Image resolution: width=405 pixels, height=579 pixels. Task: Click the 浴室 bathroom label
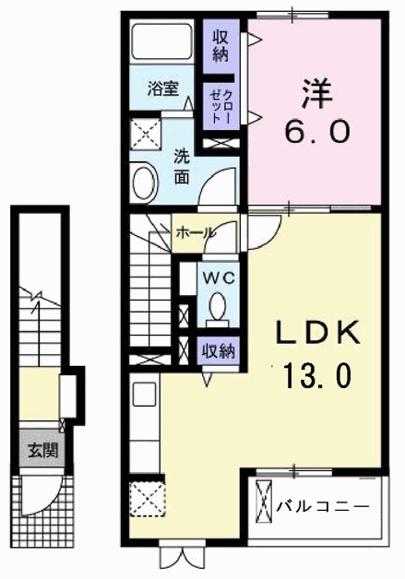point(163,89)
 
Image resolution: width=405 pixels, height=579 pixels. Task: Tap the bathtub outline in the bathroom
point(162,41)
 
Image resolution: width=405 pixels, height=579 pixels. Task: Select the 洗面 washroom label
point(182,167)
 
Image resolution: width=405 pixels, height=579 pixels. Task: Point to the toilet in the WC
point(218,309)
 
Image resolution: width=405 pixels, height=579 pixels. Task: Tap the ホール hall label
point(195,232)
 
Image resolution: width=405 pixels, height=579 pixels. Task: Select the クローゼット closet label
point(221,107)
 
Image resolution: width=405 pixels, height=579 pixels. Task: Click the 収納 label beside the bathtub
point(220,46)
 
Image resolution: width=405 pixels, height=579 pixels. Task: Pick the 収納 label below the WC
point(218,350)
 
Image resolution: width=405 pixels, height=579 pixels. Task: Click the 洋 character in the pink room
point(317,94)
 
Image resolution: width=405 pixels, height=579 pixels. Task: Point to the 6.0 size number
point(316,132)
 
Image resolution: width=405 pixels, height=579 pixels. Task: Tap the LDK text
point(316,333)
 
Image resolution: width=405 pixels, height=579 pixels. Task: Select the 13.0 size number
point(316,374)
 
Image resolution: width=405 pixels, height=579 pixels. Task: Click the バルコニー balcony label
point(323,505)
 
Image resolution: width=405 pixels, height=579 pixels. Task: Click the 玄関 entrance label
point(43,451)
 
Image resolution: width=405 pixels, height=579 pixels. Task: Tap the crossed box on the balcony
point(264,501)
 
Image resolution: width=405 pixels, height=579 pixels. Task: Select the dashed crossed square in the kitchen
point(148,499)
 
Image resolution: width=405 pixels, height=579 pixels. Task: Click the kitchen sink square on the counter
point(145,395)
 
